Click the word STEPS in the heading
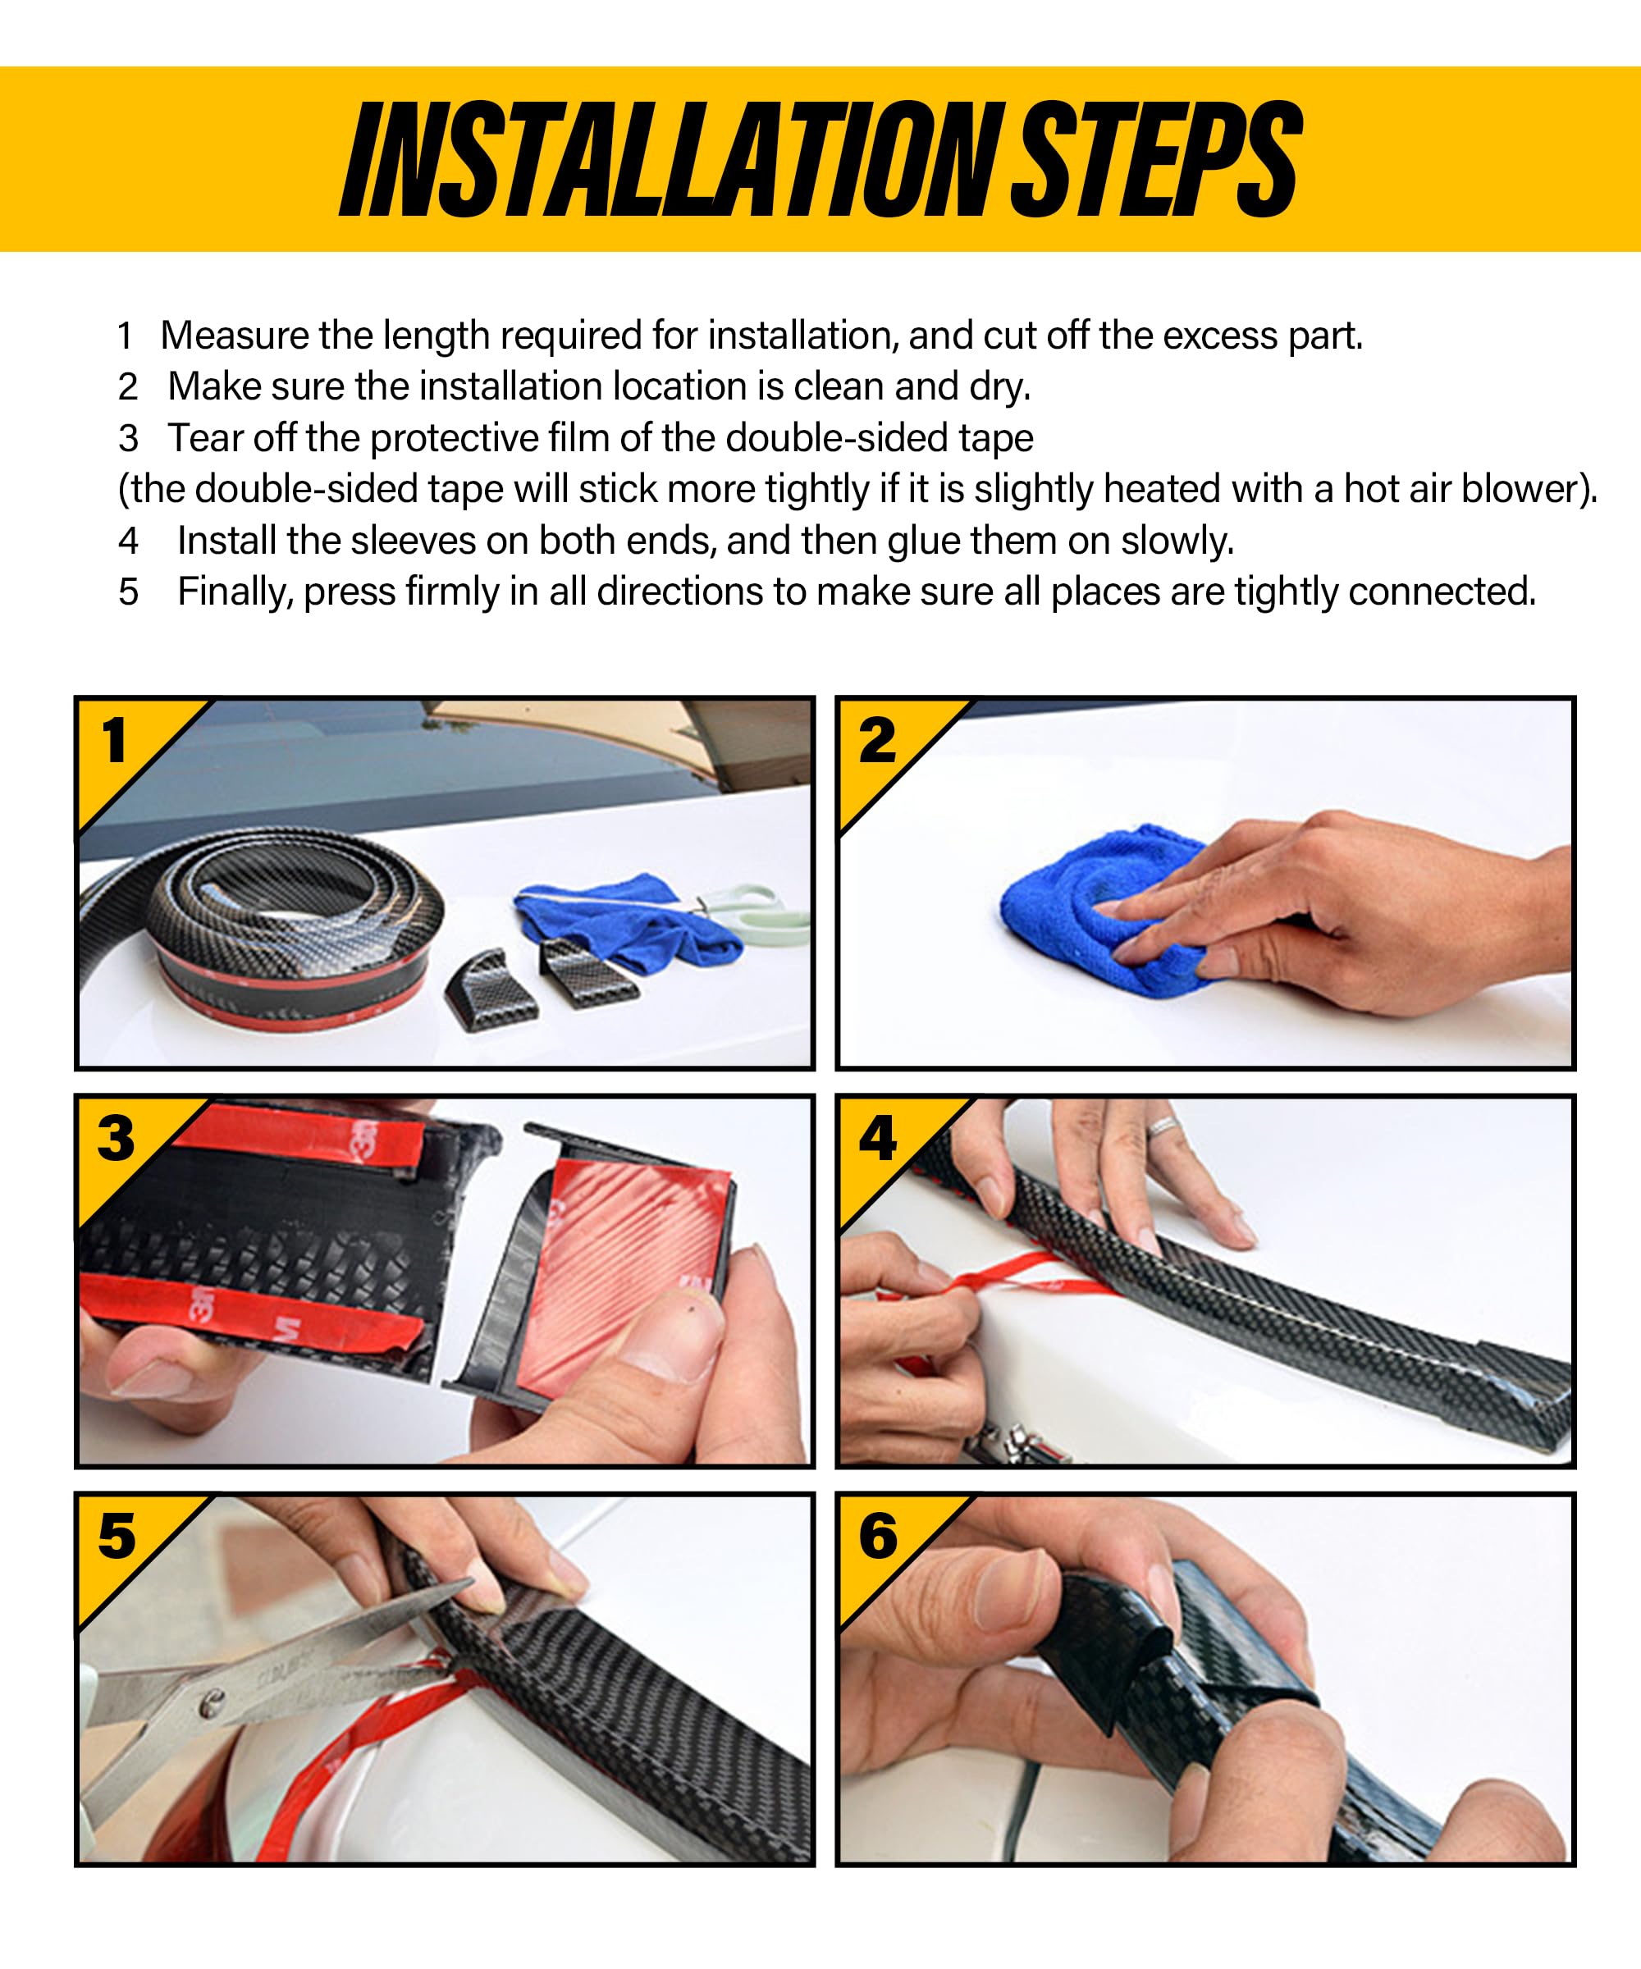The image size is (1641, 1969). point(1156,159)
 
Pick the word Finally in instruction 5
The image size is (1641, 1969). point(235,592)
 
